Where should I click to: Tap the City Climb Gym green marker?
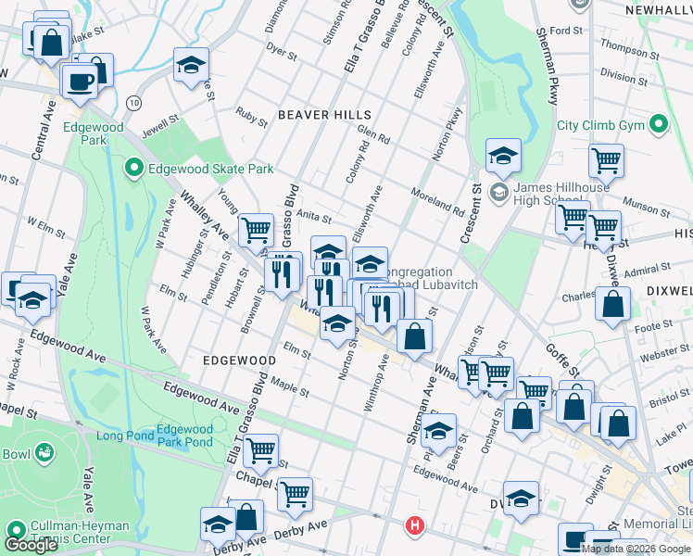pyautogui.click(x=659, y=124)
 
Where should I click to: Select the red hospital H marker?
pyautogui.click(x=415, y=526)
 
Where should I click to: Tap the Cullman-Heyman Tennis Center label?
pyautogui.click(x=80, y=532)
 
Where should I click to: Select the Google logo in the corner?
pyautogui.click(x=31, y=544)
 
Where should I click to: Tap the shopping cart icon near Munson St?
pyautogui.click(x=606, y=160)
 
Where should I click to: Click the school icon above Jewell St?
pyautogui.click(x=191, y=65)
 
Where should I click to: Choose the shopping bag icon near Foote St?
pyautogui.click(x=612, y=302)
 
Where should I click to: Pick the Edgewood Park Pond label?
pyautogui.click(x=184, y=436)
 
